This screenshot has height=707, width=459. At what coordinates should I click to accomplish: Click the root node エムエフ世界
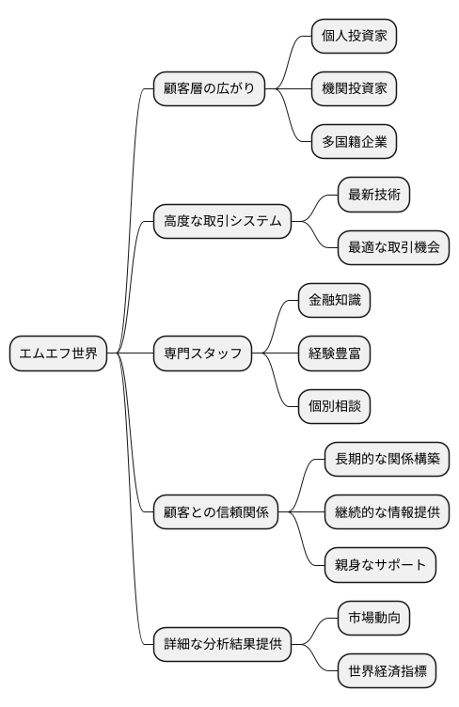(x=57, y=353)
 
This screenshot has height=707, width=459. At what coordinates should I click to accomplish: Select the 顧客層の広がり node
(x=209, y=89)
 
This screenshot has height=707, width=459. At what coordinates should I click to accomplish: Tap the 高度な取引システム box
(x=221, y=222)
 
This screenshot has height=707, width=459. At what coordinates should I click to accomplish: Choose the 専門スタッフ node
(x=202, y=353)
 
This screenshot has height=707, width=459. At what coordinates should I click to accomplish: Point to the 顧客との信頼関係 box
(x=215, y=512)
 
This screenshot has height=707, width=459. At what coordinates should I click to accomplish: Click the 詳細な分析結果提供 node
(x=221, y=645)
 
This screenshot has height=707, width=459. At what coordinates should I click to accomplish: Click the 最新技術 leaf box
(x=373, y=195)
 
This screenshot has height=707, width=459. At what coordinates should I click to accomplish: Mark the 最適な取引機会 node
(x=393, y=248)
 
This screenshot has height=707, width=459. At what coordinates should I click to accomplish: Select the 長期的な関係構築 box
(x=387, y=460)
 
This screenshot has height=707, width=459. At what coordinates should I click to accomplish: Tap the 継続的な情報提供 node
(x=387, y=512)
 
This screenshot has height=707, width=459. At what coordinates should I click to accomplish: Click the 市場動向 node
(x=373, y=619)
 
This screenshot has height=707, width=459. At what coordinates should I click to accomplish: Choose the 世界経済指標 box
(x=387, y=671)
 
